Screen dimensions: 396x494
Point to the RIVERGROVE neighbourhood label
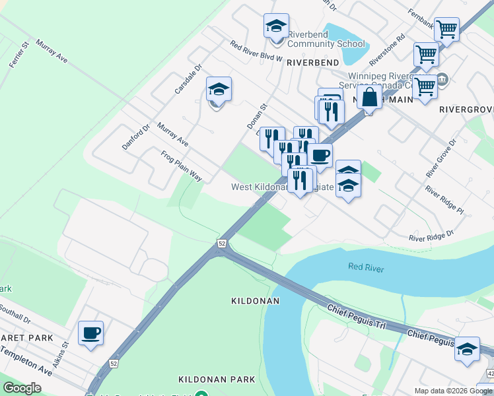point(466,109)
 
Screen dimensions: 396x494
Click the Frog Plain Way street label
point(182,166)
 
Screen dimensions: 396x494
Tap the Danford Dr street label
point(136,136)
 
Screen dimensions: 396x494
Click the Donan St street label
point(256,115)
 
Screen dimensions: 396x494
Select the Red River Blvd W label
point(256,51)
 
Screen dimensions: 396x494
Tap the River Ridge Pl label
point(444,199)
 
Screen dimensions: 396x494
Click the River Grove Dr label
point(442,158)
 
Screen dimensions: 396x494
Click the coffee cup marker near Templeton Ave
point(90,333)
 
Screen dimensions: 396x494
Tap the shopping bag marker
point(370,98)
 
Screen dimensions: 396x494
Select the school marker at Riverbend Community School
point(276,26)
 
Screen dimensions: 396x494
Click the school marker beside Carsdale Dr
point(219,89)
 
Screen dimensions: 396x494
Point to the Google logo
point(22,388)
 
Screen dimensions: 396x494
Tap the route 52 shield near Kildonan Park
point(114,364)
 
